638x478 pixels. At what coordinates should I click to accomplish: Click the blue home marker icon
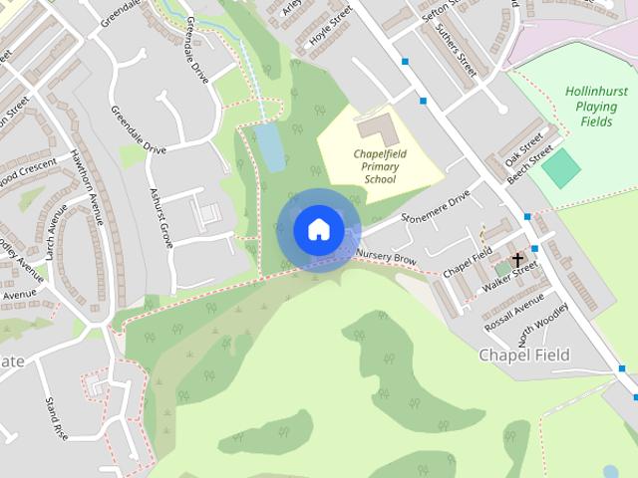tap(317, 229)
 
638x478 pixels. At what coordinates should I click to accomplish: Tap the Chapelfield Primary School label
tap(375, 166)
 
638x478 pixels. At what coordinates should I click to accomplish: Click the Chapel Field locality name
tap(523, 355)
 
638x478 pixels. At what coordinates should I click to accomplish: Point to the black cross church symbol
tap(517, 260)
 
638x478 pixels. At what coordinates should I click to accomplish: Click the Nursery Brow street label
tap(385, 257)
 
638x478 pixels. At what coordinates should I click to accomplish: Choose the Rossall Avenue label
tap(513, 312)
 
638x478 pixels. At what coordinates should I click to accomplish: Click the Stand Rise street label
tap(54, 417)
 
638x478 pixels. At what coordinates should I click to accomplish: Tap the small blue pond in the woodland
tap(269, 146)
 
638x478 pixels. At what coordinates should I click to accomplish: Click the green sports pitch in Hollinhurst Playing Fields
tap(561, 167)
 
